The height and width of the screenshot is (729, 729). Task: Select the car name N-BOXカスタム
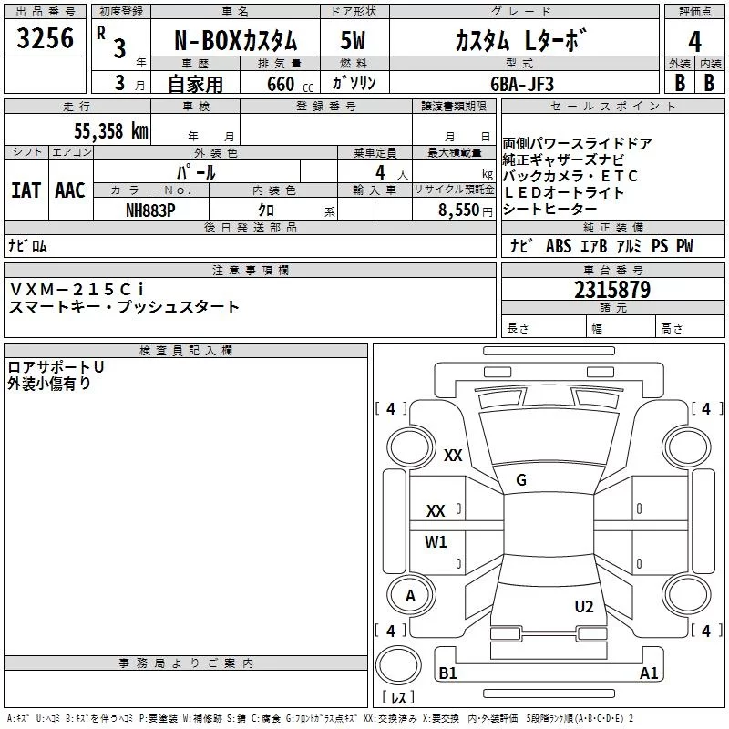click(235, 41)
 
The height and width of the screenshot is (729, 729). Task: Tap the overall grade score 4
click(694, 40)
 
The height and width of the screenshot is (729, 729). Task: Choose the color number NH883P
click(151, 210)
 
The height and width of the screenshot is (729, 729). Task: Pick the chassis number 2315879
click(612, 290)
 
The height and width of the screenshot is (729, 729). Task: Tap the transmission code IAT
click(26, 190)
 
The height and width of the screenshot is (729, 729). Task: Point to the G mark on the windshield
click(521, 480)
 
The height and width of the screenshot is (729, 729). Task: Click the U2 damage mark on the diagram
click(584, 606)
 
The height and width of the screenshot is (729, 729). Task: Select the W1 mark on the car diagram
click(436, 542)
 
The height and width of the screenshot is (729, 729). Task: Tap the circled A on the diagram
click(410, 596)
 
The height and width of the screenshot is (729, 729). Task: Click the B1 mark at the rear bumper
click(447, 673)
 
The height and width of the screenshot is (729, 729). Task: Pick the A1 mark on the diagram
click(649, 673)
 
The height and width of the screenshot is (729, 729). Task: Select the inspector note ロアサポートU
click(56, 366)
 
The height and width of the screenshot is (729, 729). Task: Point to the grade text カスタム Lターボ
click(517, 41)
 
